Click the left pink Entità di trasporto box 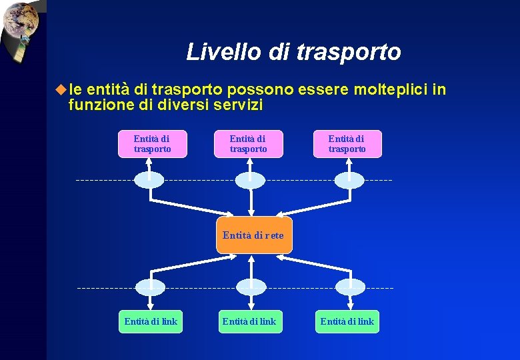[x=152, y=144]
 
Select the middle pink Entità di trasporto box [x=248, y=144]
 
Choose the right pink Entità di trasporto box [x=347, y=144]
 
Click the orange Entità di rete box [x=254, y=235]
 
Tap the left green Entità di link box [x=151, y=322]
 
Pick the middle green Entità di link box [x=249, y=322]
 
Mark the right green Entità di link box [x=347, y=322]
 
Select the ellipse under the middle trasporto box [x=250, y=179]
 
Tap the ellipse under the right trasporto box [x=349, y=179]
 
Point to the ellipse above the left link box [x=150, y=287]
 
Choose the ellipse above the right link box [x=350, y=287]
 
